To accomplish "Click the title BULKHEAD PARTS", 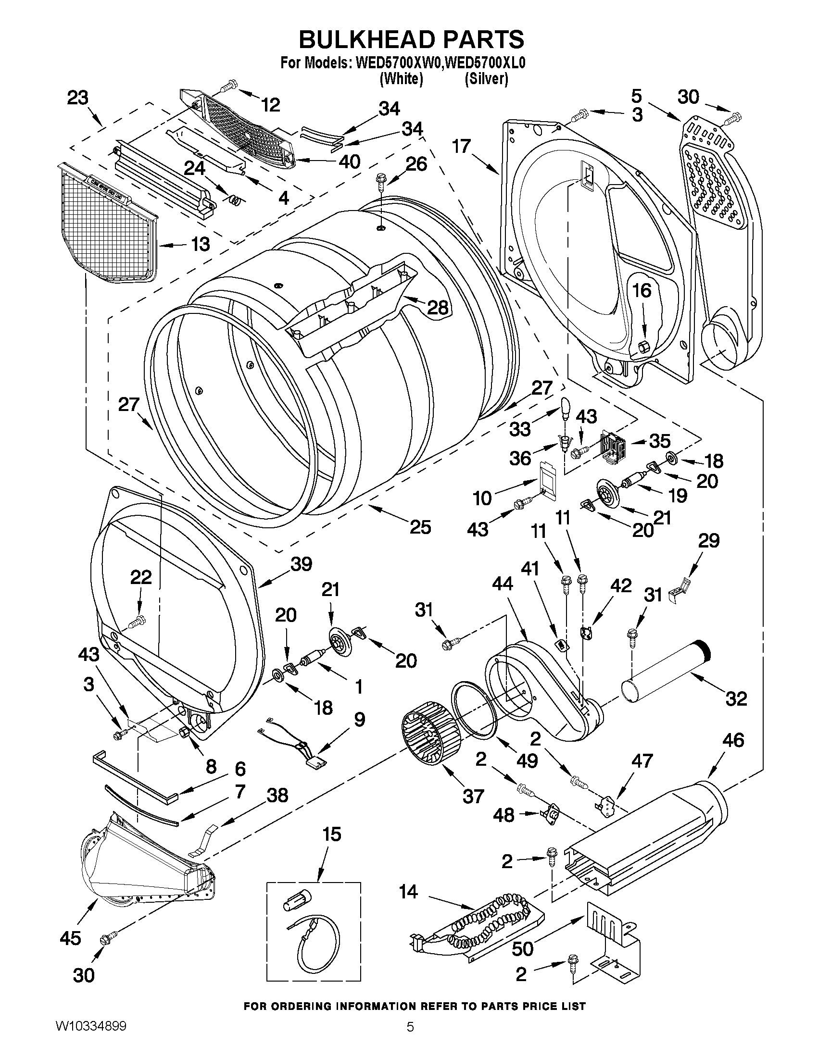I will pyautogui.click(x=411, y=39).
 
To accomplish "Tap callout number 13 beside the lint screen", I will pyautogui.click(x=200, y=244).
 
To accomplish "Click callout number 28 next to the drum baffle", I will pyautogui.click(x=437, y=307).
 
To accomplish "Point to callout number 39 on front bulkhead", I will pyautogui.click(x=302, y=564).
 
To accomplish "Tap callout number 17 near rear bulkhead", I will pyautogui.click(x=461, y=145).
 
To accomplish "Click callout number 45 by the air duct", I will pyautogui.click(x=70, y=938).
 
